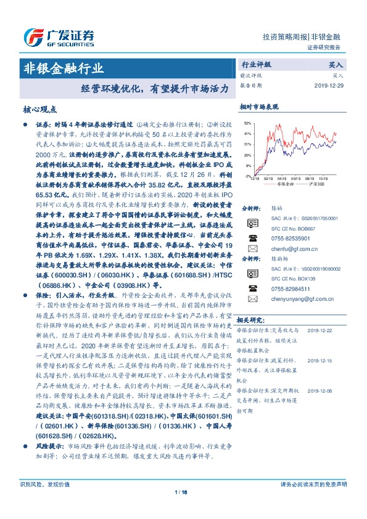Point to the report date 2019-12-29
[x=328, y=86]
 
